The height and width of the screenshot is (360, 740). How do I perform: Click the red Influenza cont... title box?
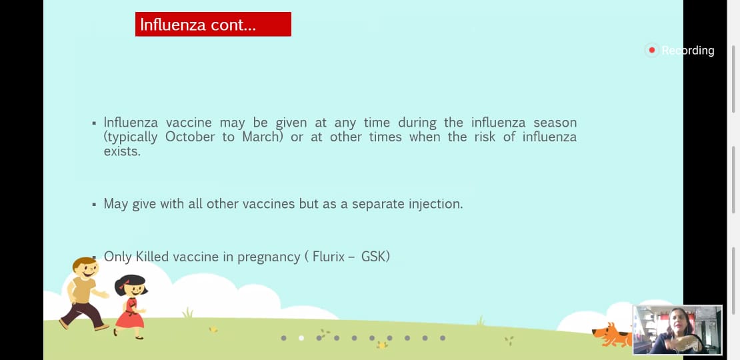(x=213, y=24)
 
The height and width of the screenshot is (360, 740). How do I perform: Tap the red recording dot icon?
(x=652, y=50)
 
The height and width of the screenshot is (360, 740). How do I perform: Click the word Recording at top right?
(x=687, y=51)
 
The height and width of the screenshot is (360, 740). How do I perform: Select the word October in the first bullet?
(x=193, y=137)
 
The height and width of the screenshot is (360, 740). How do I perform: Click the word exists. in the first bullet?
(x=122, y=152)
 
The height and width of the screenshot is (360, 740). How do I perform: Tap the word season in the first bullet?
(x=555, y=123)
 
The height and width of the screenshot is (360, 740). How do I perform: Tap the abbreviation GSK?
(x=374, y=257)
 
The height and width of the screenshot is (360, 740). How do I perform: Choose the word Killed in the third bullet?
(x=153, y=257)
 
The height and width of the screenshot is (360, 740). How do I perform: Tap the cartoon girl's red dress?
(x=130, y=313)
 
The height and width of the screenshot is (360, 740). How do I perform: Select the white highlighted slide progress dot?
(x=301, y=338)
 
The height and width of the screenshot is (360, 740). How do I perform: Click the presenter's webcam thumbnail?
(x=677, y=330)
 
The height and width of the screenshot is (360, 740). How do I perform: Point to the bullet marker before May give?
(x=94, y=205)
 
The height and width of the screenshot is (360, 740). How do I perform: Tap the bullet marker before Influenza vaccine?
(x=94, y=123)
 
